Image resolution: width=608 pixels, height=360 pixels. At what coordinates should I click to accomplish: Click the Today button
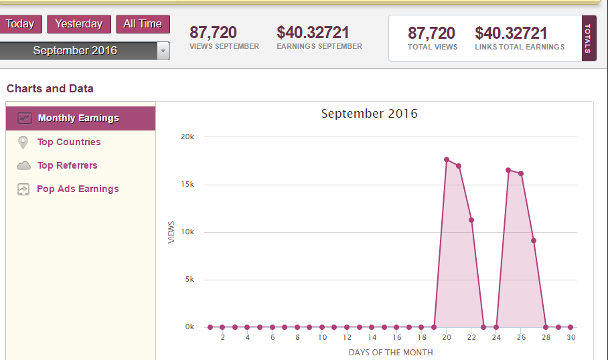tap(20, 24)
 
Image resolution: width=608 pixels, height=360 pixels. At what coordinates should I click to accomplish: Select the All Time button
tap(143, 24)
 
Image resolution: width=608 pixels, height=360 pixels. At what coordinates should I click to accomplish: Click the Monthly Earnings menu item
tap(78, 118)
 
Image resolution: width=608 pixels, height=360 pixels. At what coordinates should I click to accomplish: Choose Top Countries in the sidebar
tap(69, 142)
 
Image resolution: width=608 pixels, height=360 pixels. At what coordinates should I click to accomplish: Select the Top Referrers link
tap(67, 165)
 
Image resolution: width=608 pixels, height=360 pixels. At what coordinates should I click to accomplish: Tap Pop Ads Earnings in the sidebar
tap(78, 189)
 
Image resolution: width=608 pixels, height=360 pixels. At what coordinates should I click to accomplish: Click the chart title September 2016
tap(369, 114)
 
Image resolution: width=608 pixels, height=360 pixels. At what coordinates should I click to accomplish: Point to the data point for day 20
tap(447, 159)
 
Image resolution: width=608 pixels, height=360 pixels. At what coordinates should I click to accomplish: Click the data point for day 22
tap(471, 219)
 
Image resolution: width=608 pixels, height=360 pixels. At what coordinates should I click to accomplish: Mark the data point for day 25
tap(508, 170)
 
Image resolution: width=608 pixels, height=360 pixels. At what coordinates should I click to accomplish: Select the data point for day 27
tap(534, 240)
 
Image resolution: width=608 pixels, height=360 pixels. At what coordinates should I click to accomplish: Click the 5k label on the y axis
tap(189, 280)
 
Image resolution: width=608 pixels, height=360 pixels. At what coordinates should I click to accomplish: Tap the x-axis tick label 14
tap(372, 338)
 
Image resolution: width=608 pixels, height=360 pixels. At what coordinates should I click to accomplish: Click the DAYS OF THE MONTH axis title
tap(390, 352)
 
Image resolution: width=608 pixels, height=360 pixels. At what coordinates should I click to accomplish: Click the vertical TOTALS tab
tap(589, 38)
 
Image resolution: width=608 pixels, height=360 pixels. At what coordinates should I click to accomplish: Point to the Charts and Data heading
tap(50, 88)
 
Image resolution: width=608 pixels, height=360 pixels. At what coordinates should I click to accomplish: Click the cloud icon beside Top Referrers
tap(23, 165)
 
